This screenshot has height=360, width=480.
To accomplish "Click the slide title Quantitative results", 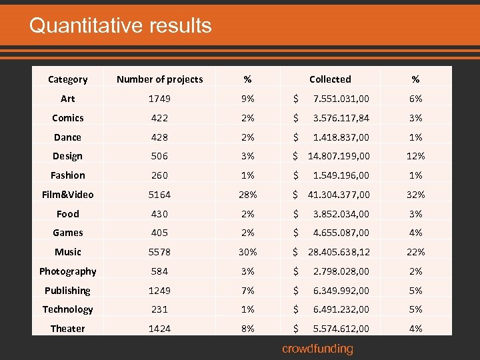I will click(120, 26).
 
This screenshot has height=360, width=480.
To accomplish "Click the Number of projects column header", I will click(159, 79).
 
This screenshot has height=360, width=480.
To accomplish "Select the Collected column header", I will click(330, 79).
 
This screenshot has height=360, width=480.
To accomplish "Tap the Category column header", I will click(67, 79).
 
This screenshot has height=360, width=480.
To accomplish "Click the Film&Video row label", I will click(67, 195).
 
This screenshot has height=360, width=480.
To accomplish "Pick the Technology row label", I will click(67, 309).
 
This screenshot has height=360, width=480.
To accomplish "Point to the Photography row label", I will click(67, 271).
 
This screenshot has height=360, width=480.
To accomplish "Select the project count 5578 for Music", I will click(159, 252).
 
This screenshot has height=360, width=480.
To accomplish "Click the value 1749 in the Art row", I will click(159, 99).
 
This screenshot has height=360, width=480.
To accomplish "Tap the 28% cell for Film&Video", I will click(247, 195).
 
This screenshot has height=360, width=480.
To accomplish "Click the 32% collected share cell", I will click(415, 195).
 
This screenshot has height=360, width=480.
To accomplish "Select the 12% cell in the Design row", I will click(415, 156).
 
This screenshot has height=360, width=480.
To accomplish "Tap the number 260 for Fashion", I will click(159, 175).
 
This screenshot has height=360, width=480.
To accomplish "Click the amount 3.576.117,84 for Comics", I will click(341, 118).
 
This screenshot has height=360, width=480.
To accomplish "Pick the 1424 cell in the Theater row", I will click(159, 329).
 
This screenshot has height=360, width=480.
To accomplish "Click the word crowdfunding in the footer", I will click(317, 349).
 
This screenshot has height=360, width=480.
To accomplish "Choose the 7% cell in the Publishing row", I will click(247, 291).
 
